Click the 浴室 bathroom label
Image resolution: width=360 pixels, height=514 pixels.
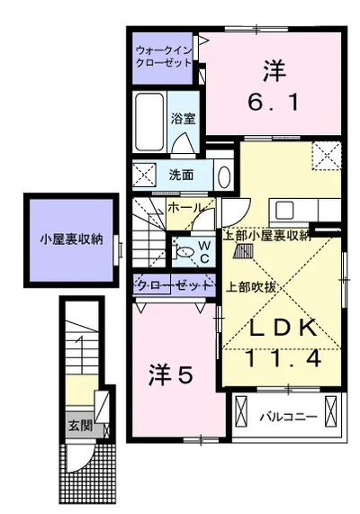point(183,118)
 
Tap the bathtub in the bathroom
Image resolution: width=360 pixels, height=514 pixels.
point(149,122)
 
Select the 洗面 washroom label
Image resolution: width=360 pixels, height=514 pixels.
point(181,175)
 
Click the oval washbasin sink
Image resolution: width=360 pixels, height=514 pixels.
point(224,177)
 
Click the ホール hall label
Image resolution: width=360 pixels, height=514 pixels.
point(185,207)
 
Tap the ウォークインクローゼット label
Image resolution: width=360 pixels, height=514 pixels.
point(164,57)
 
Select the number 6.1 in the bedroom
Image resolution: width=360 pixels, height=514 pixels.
point(273,102)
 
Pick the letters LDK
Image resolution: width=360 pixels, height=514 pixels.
point(283,327)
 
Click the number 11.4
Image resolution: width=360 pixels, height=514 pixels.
point(283,358)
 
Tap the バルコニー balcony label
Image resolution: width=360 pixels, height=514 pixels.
point(289,417)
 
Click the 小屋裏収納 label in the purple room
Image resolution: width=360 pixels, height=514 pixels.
point(71,239)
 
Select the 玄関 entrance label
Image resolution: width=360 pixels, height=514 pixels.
point(80,426)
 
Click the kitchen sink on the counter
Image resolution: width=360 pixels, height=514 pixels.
point(284,211)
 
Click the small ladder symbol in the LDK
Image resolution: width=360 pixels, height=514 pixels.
point(243,251)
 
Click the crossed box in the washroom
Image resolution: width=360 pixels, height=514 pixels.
point(144,175)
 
